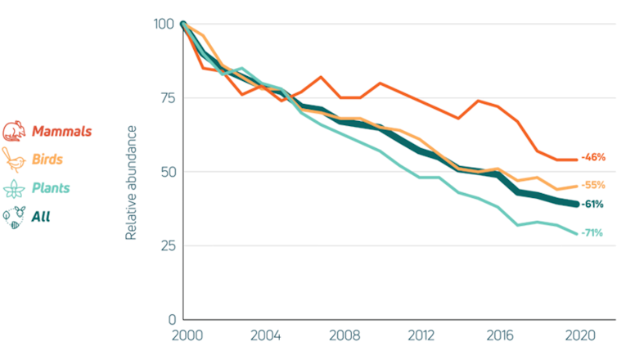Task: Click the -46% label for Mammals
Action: point(593,156)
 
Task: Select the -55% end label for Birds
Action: point(593,185)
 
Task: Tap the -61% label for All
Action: point(593,205)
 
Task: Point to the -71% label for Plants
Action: point(592,233)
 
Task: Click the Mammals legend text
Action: point(62,131)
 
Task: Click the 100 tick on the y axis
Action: point(163,24)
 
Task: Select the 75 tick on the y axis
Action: point(166,97)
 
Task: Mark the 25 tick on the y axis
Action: point(166,245)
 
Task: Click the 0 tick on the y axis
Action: point(169,319)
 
